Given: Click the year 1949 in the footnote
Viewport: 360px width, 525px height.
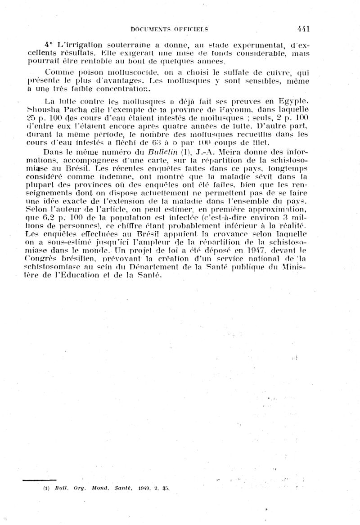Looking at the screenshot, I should [x=140, y=488].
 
